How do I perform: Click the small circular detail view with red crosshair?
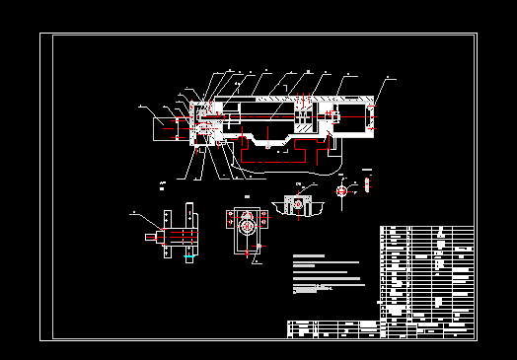click(341, 190)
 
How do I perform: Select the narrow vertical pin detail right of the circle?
click(365, 182)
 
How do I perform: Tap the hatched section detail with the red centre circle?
click(302, 206)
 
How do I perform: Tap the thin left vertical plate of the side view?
click(166, 233)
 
